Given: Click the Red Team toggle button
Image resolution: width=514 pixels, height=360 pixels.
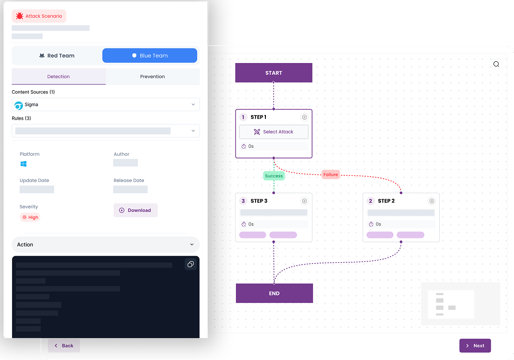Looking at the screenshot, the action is (x=57, y=56).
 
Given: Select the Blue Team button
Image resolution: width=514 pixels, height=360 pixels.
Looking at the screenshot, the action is (x=150, y=56).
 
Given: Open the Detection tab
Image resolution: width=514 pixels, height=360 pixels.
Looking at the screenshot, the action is (x=58, y=77).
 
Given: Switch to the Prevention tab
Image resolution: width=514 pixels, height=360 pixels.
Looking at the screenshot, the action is (x=152, y=77).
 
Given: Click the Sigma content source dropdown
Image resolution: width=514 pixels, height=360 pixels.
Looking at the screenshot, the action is (x=106, y=105).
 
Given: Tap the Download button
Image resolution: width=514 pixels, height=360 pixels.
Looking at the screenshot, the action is (x=135, y=210).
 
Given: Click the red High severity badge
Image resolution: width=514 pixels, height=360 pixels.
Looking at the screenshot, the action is (x=30, y=217).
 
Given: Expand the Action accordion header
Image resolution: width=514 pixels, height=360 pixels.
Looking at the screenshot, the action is (x=106, y=245).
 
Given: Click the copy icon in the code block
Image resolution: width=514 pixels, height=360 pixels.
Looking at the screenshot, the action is (x=191, y=265).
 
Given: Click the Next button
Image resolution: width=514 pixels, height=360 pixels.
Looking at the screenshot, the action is (x=475, y=346).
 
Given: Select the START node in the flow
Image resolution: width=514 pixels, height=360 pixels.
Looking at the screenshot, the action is (x=273, y=73).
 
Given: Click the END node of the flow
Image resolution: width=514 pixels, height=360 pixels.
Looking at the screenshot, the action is (x=274, y=294).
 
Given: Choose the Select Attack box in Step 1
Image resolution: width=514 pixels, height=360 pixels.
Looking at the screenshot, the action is (x=274, y=132).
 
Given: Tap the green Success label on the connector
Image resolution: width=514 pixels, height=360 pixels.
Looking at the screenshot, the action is (x=274, y=176).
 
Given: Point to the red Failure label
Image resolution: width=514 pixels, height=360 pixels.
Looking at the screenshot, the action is (x=330, y=174).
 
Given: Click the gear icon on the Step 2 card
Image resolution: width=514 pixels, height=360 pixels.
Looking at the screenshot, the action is (x=432, y=201).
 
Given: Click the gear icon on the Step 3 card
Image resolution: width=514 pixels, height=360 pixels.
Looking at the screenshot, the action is (x=304, y=201).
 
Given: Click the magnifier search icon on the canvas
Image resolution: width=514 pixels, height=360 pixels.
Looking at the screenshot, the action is (x=496, y=65).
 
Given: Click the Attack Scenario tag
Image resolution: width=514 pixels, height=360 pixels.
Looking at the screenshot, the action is (x=39, y=16).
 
